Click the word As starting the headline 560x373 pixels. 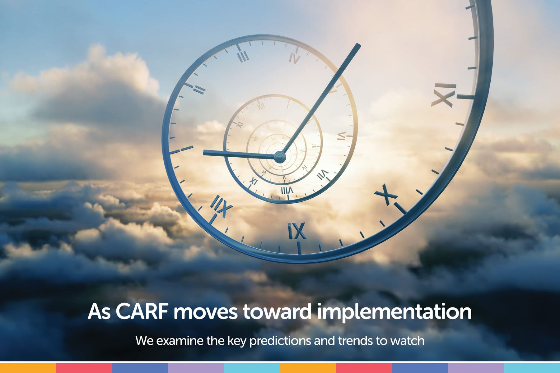pyautogui.click(x=99, y=311)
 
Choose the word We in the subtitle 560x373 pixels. pyautogui.click(x=145, y=341)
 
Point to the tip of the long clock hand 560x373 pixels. pyautogui.click(x=359, y=45)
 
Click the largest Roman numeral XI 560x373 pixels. pyautogui.click(x=444, y=94)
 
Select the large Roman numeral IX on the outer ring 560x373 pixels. pyautogui.click(x=297, y=231)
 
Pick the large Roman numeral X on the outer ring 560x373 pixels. pyautogui.click(x=386, y=194)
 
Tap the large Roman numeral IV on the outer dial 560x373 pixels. pyautogui.click(x=294, y=58)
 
